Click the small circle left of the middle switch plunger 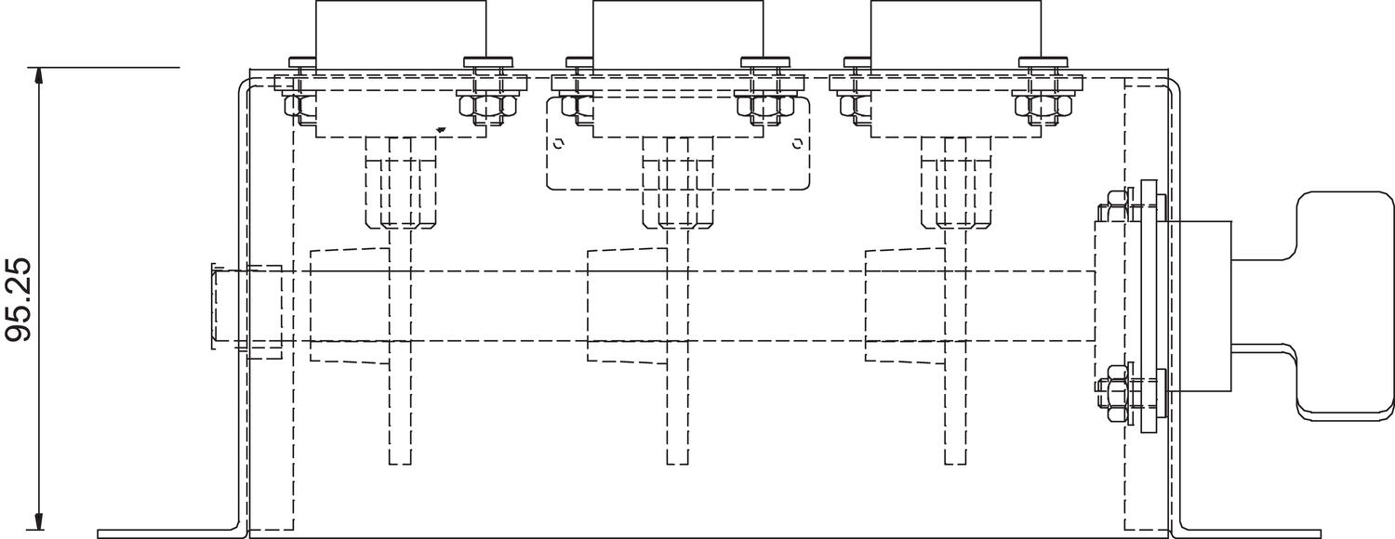pyautogui.click(x=559, y=144)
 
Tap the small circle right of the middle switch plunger pyautogui.click(x=796, y=143)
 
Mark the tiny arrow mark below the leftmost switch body pyautogui.click(x=441, y=130)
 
